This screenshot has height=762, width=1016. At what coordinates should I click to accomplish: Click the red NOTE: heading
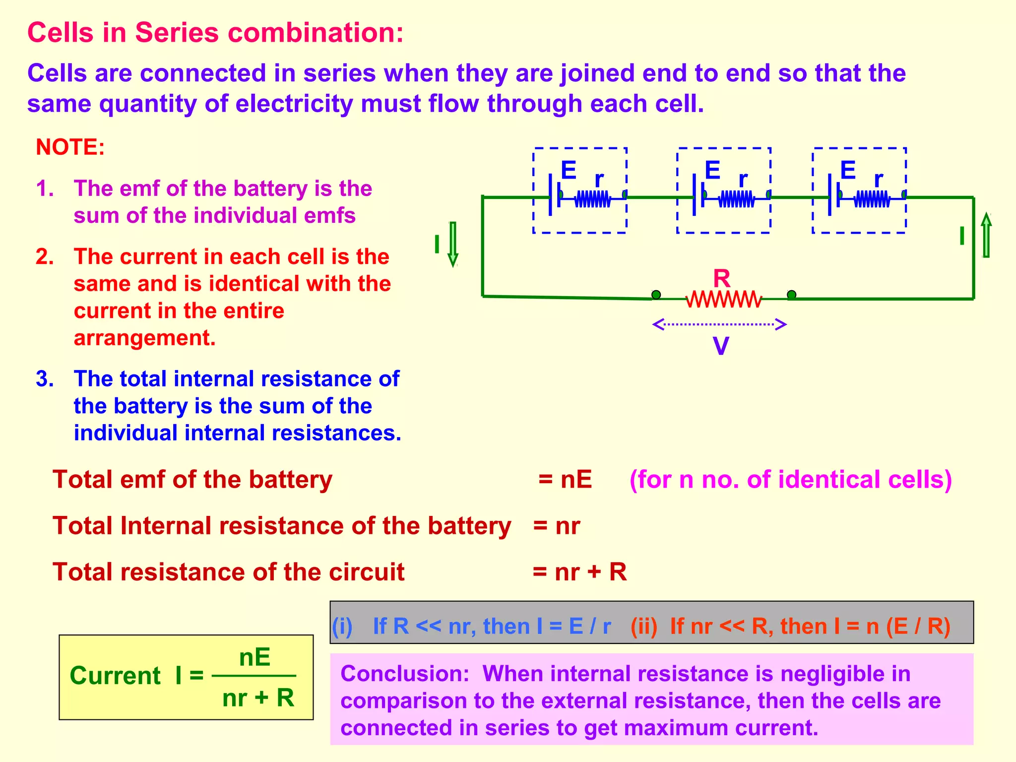pos(70,147)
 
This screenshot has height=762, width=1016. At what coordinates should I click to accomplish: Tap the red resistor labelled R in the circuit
pos(723,300)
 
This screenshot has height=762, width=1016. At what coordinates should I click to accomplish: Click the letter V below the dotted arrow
pos(720,346)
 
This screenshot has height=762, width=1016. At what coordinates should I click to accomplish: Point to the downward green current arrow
pos(452,244)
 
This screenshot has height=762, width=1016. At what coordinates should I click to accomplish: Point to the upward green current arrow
pos(986,236)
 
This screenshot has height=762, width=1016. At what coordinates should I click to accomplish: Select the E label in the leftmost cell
pos(569,171)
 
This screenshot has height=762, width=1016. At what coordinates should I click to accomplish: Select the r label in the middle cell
pos(743,180)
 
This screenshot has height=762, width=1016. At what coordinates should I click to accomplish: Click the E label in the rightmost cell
pos(848,171)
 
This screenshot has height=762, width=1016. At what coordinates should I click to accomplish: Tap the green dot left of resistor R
pos(656,295)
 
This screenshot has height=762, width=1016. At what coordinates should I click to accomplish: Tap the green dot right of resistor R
pos(792,295)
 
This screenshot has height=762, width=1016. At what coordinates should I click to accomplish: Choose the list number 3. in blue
pos(45,379)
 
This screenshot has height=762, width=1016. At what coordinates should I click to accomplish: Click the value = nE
pos(565,480)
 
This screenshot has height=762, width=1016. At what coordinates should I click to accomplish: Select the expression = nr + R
pos(579,572)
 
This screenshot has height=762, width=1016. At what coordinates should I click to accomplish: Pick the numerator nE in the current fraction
pos(254,658)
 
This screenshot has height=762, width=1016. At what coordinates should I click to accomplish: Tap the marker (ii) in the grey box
pos(643,626)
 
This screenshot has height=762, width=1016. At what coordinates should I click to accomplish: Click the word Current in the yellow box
pos(115,676)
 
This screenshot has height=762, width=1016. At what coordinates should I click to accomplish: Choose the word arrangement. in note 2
pos(144,338)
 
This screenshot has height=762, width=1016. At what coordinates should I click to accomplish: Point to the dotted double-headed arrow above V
pos(719,325)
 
